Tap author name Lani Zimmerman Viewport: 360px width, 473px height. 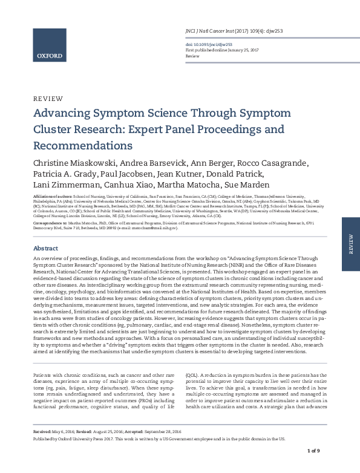coord(67,187)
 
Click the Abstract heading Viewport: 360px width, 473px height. coord(45,249)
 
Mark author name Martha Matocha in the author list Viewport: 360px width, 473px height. coord(201,187)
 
